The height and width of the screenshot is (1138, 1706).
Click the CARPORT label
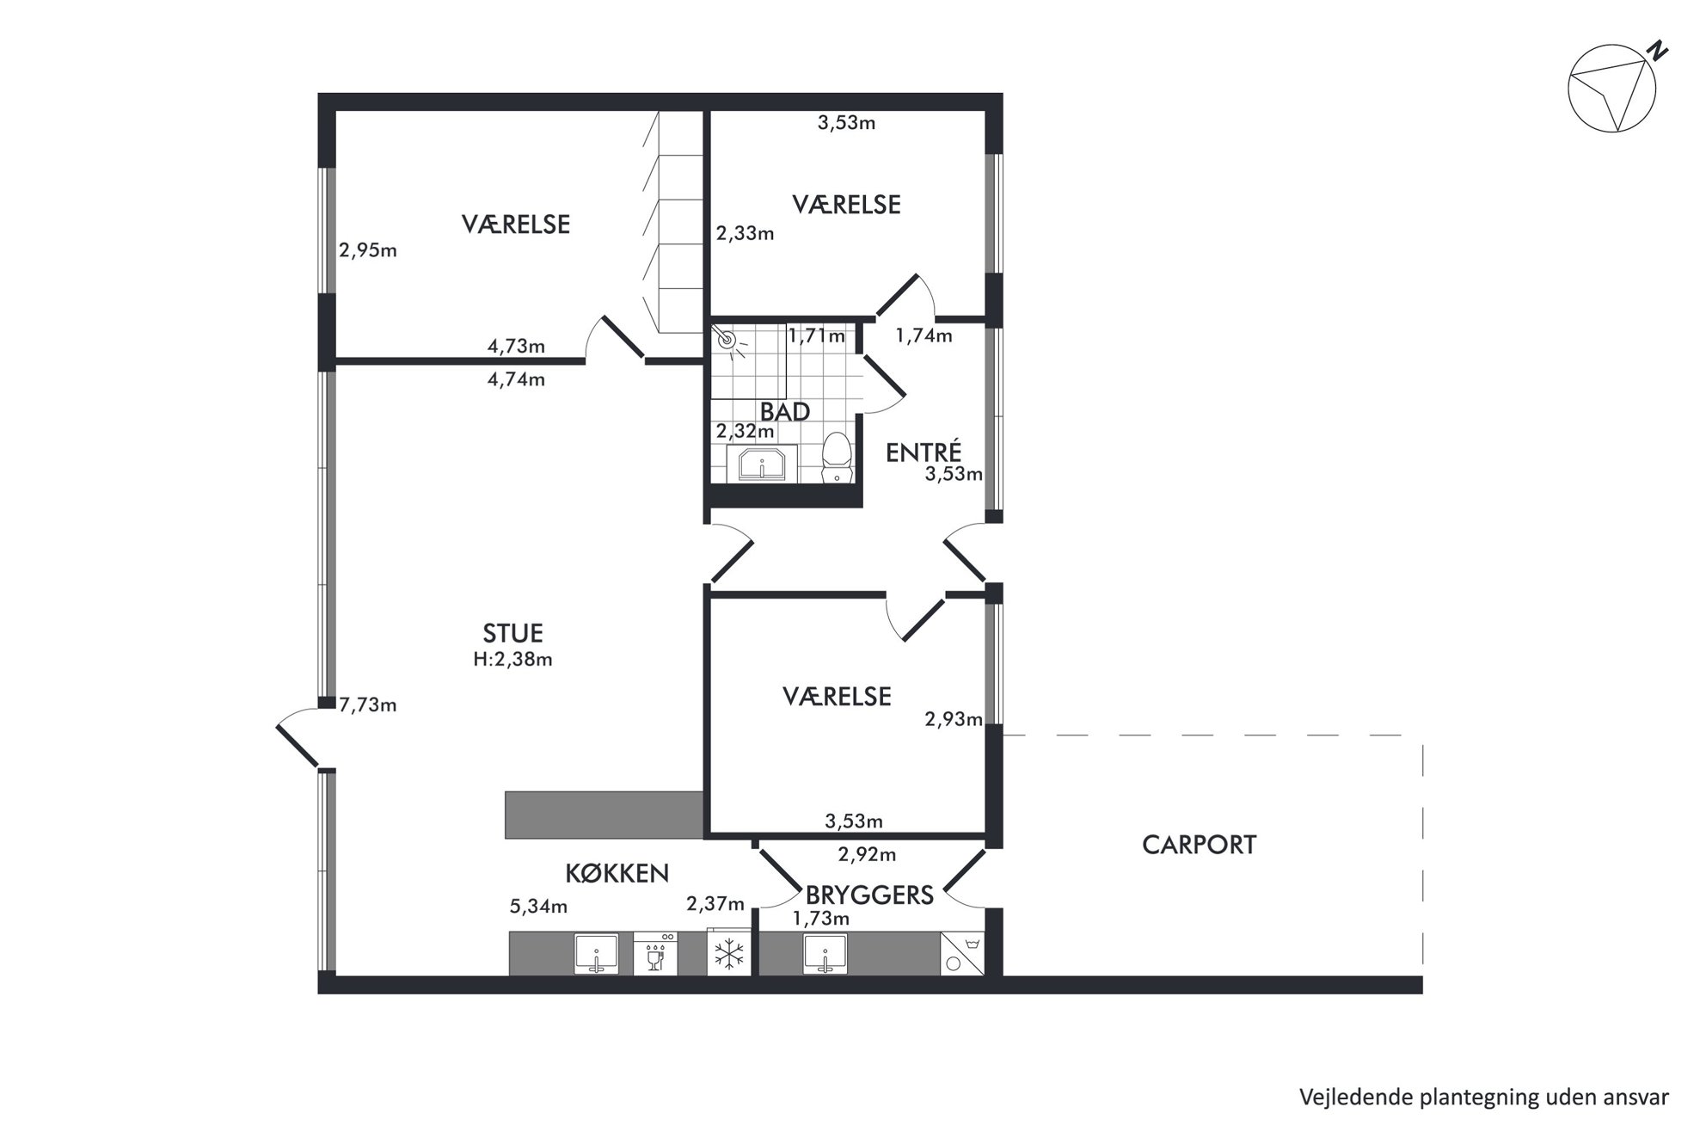[x=1199, y=845]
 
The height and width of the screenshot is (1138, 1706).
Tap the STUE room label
[x=512, y=633]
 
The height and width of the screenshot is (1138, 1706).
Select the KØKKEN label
[x=617, y=873]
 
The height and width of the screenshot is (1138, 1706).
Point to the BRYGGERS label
[x=869, y=895]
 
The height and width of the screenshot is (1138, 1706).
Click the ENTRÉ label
[x=924, y=452]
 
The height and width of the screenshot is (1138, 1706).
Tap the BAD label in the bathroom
[x=785, y=412]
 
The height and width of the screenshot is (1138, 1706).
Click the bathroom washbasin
[x=762, y=464]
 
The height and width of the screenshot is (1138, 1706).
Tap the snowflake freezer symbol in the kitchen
[x=729, y=954]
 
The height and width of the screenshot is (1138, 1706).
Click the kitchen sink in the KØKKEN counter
[x=596, y=954]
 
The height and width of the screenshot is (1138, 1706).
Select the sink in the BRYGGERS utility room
[x=825, y=954]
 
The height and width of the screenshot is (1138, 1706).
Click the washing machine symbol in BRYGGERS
[x=962, y=954]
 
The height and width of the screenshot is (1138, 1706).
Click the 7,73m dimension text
[x=368, y=705]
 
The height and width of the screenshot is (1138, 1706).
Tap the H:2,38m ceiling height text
[x=512, y=660]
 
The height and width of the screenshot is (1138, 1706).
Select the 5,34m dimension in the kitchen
[x=538, y=906]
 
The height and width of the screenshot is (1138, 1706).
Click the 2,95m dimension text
[x=368, y=251]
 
